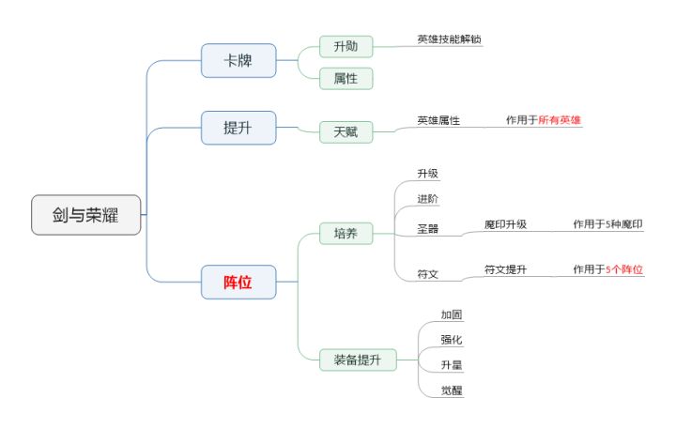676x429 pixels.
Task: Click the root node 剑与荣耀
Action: (85, 215)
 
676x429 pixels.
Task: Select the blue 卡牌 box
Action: (238, 60)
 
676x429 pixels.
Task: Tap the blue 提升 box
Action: (238, 128)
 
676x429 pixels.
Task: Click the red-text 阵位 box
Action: (238, 282)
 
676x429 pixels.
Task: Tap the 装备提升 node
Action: (352, 359)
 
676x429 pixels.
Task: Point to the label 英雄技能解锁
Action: (450, 39)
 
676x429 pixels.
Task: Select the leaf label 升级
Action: (428, 174)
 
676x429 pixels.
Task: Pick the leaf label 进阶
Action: (428, 199)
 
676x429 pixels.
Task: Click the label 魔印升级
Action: (505, 224)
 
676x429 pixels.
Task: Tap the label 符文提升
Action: (505, 270)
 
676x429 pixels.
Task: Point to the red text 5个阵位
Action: (624, 270)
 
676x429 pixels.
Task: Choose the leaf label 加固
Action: (452, 314)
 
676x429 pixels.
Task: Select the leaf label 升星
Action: (452, 364)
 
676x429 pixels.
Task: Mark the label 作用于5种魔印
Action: (607, 224)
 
